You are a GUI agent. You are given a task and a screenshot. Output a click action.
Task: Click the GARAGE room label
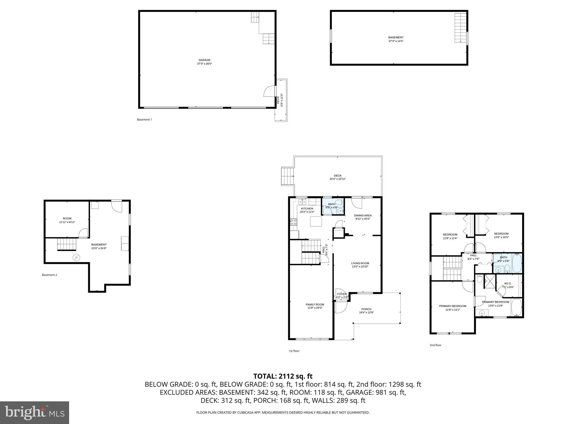pyautogui.click(x=205, y=60)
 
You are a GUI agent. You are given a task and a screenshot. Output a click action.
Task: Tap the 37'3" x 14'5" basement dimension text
pyautogui.click(x=396, y=41)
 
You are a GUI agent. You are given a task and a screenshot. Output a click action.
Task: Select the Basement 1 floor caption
pyautogui.click(x=144, y=120)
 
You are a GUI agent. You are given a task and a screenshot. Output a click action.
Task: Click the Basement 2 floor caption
pyautogui.click(x=49, y=275)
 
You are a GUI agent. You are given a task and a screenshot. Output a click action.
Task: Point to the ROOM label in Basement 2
pyautogui.click(x=67, y=219)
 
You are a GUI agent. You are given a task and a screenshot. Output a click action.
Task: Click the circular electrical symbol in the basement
pyautogui.click(x=76, y=258)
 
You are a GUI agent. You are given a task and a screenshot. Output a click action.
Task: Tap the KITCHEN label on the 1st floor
pyautogui.click(x=307, y=209)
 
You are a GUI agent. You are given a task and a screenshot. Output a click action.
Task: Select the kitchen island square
pyautogui.click(x=316, y=221)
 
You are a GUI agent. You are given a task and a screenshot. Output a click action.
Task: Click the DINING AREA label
pyautogui.click(x=363, y=216)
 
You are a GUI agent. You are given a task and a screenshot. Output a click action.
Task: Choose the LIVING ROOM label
pyautogui.click(x=360, y=263)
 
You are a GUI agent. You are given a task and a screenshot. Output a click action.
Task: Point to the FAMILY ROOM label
pyautogui.click(x=315, y=305)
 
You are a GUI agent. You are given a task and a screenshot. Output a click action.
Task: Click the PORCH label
pyautogui.click(x=366, y=309)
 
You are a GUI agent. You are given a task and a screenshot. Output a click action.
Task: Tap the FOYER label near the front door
pyautogui.click(x=342, y=294)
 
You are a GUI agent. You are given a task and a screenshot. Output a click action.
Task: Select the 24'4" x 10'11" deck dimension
pyautogui.click(x=337, y=179)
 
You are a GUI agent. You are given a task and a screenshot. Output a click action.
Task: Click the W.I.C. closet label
pyautogui.click(x=508, y=283)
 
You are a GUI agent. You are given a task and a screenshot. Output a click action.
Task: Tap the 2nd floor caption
pyautogui.click(x=435, y=345)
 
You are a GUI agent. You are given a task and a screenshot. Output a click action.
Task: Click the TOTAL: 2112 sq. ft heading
pyautogui.click(x=283, y=376)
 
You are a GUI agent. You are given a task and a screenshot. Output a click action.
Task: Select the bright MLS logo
pyautogui.click(x=35, y=412)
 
